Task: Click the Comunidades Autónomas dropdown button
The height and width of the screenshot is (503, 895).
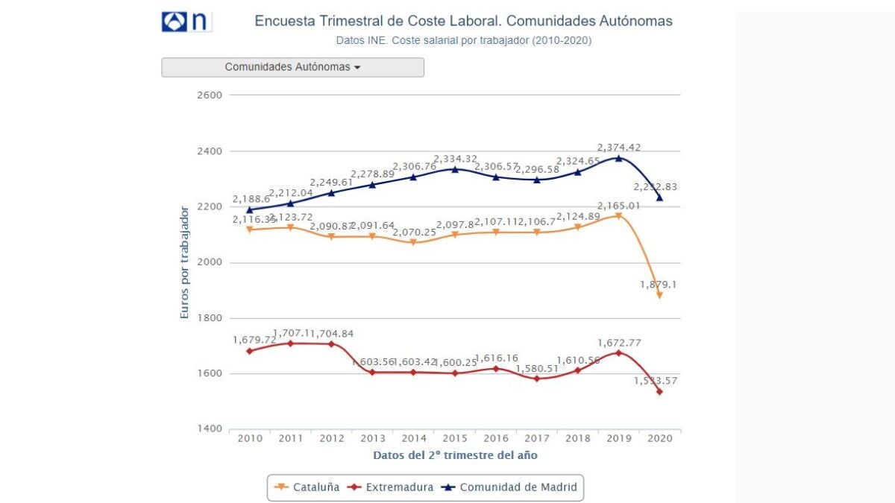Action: click(292, 67)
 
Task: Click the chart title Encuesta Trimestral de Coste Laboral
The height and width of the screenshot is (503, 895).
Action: click(463, 21)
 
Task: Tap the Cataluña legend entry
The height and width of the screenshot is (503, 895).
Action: click(307, 487)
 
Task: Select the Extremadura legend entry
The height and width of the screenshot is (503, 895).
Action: click(392, 487)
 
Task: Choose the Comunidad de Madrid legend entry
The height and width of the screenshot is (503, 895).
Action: click(510, 487)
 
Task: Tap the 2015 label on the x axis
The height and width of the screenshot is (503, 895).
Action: click(455, 438)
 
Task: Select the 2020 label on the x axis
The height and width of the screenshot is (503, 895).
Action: click(659, 438)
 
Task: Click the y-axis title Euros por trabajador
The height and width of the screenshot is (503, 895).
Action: click(185, 263)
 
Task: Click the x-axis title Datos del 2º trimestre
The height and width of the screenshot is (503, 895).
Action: click(455, 455)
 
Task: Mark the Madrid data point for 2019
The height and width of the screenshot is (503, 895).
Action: click(618, 158)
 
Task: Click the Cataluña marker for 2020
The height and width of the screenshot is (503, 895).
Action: click(659, 296)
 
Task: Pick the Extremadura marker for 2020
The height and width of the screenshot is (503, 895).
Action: click(659, 392)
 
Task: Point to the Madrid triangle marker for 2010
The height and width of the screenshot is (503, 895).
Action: click(250, 210)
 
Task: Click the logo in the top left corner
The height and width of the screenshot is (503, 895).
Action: click(186, 22)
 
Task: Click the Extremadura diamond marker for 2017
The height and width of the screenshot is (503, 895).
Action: click(537, 379)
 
